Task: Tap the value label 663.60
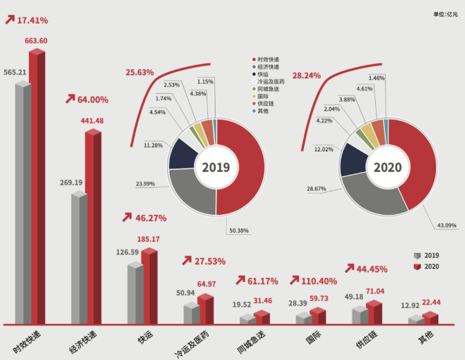(37, 41)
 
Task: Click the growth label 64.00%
(92, 100)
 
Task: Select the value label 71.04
(374, 292)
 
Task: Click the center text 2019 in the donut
(216, 167)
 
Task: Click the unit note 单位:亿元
(446, 14)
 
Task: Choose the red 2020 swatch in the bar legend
(417, 267)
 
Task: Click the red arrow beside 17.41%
(10, 20)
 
